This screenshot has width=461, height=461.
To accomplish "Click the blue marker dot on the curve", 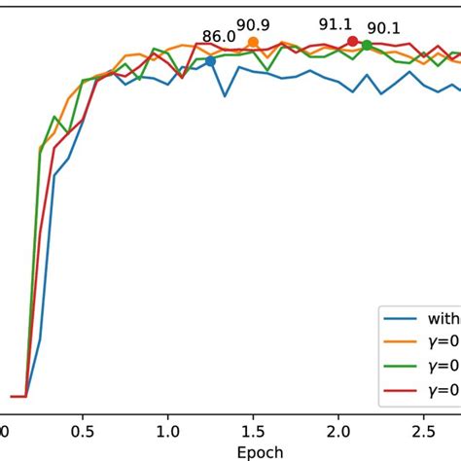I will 210,61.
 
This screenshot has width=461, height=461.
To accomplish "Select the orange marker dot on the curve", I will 253,43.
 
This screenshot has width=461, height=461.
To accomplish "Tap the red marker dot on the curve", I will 352,41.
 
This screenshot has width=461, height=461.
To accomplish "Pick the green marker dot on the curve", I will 367,46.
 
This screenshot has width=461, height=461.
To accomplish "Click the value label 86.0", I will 219,38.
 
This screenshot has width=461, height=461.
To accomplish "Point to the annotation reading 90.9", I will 253,24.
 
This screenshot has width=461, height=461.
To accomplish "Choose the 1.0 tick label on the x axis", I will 168,431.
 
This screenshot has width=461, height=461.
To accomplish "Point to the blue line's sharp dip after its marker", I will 225,95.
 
